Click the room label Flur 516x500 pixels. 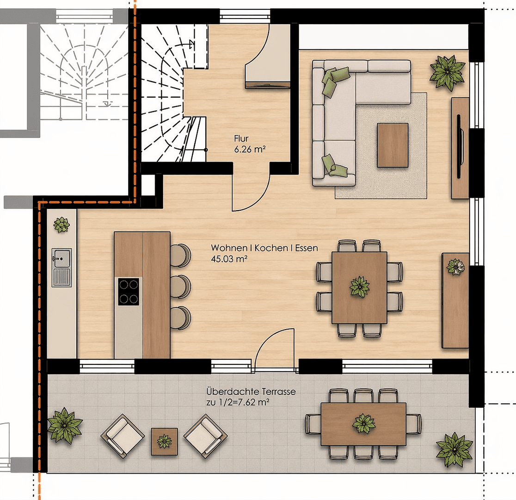tap(241, 138)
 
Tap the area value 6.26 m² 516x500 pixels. tap(250, 149)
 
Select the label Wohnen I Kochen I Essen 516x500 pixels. tap(264, 248)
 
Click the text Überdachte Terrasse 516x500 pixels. tap(251, 392)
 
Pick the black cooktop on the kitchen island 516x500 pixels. tap(129, 291)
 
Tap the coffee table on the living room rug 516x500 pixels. tap(393, 145)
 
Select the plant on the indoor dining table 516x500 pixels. tap(359, 287)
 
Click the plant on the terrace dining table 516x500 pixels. tap(364, 423)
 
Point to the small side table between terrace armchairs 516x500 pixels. tap(165, 441)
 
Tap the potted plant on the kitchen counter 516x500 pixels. tap(61, 225)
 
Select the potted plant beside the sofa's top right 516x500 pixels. tap(447, 71)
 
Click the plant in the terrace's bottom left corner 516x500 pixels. tap(64, 425)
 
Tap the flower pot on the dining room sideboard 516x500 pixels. tap(455, 267)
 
